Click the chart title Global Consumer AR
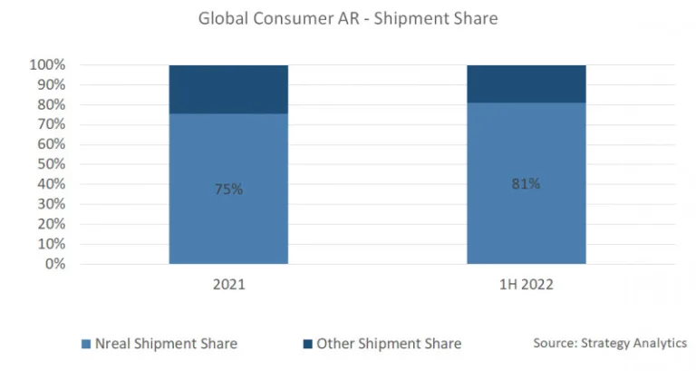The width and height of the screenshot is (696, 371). coord(348,18)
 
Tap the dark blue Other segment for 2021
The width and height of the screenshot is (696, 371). coord(228,89)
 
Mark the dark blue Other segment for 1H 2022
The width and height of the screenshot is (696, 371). coord(526,83)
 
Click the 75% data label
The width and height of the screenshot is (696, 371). coord(228,190)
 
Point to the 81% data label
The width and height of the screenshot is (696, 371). coord(526,183)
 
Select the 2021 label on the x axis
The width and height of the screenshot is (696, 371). coord(228,285)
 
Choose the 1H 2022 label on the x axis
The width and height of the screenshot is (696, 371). coord(526,285)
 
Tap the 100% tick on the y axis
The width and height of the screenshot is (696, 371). coord(48,65)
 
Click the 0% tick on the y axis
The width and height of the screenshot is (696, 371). coord(54,264)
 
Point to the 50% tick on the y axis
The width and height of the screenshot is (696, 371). coord(52,164)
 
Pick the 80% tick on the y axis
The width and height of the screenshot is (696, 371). coord(52,105)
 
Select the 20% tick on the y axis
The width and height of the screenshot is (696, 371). coord(52,224)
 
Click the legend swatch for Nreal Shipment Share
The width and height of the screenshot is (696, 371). coord(86,344)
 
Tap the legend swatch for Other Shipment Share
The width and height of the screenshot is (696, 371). coord(309,344)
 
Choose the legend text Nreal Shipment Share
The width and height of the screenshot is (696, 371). coord(166,344)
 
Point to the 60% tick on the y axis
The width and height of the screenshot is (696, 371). coord(52,144)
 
